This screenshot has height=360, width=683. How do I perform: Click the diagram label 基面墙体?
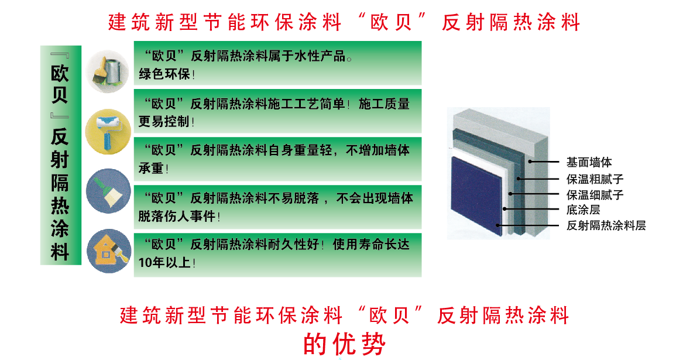589,163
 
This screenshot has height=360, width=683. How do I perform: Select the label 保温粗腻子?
595,179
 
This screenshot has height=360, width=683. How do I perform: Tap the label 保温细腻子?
595,194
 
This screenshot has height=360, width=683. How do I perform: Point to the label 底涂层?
584,210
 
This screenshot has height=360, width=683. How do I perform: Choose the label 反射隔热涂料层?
606,225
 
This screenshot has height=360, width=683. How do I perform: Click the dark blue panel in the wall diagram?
476,196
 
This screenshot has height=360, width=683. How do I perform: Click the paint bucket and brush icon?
108,71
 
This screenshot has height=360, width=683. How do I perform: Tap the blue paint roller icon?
108,132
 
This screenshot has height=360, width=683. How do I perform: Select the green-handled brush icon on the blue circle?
108,191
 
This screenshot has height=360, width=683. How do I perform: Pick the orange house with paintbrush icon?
109,251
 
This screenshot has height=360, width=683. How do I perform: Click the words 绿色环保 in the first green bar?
164,74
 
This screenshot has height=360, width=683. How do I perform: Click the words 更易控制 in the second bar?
164,121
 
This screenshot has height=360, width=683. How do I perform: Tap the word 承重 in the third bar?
151,168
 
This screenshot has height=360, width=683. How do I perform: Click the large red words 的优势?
345,344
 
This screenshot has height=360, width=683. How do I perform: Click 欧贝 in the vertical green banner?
60,84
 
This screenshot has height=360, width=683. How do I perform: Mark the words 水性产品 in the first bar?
320,56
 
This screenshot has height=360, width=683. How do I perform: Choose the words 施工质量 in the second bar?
384,104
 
